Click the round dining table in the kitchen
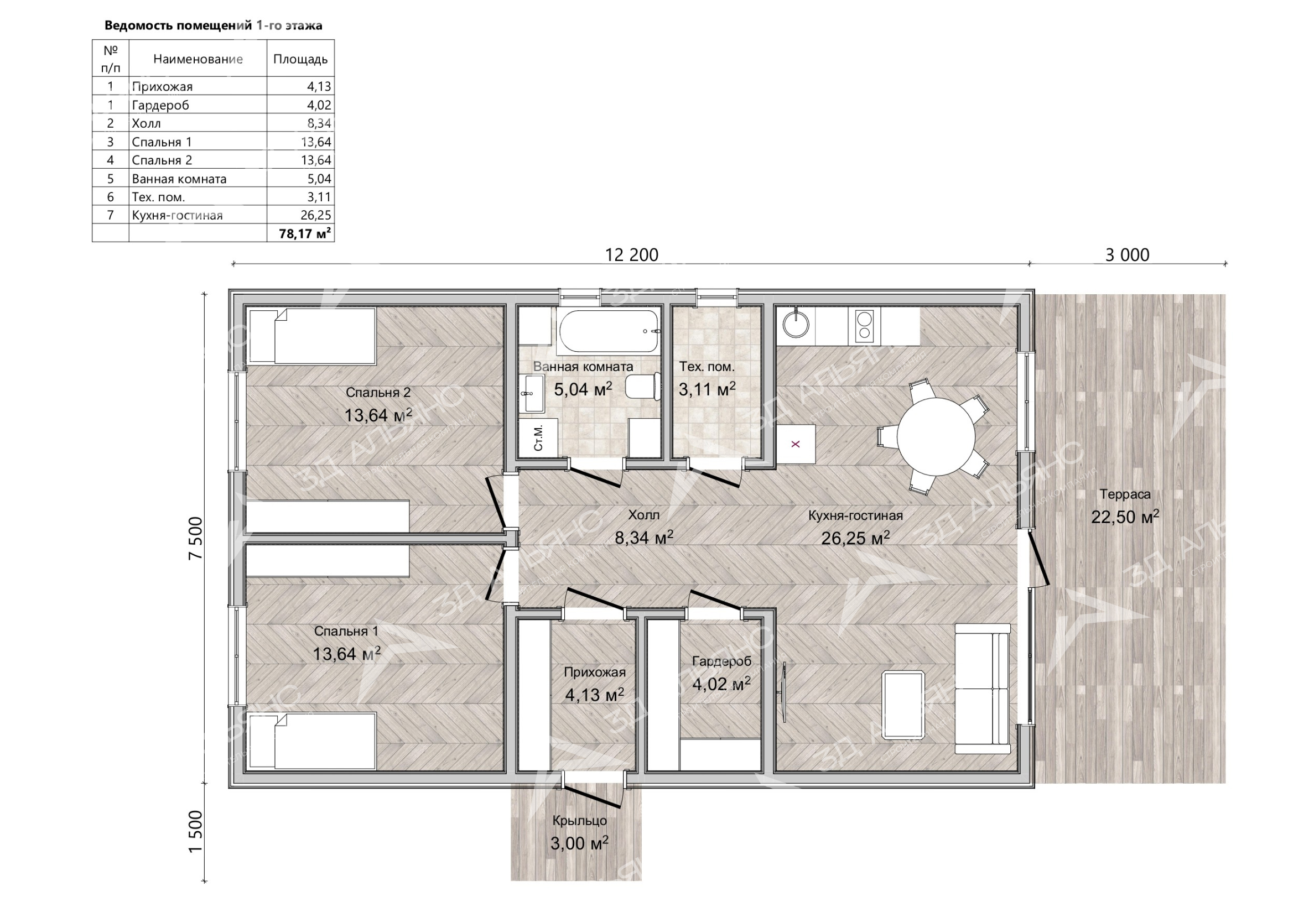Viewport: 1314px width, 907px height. click(x=936, y=436)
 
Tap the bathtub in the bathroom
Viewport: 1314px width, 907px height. click(x=610, y=331)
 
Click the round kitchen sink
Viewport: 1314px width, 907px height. click(x=795, y=325)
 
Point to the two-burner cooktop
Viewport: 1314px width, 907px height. click(x=864, y=326)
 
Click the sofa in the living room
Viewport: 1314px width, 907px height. click(x=982, y=688)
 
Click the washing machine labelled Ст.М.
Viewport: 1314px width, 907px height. click(x=537, y=437)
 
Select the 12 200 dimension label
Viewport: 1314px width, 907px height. click(x=631, y=254)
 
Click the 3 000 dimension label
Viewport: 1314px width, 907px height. click(x=1127, y=254)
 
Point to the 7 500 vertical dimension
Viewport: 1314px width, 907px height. click(x=195, y=538)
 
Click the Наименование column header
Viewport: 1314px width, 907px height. click(x=198, y=59)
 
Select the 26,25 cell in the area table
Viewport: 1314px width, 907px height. click(x=316, y=215)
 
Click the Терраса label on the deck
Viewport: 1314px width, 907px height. click(x=1125, y=494)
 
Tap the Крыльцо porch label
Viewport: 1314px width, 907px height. click(x=579, y=821)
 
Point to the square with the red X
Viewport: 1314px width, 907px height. click(x=796, y=444)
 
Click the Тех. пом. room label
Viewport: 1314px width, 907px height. click(x=707, y=367)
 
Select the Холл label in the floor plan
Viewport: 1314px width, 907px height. click(x=643, y=515)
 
